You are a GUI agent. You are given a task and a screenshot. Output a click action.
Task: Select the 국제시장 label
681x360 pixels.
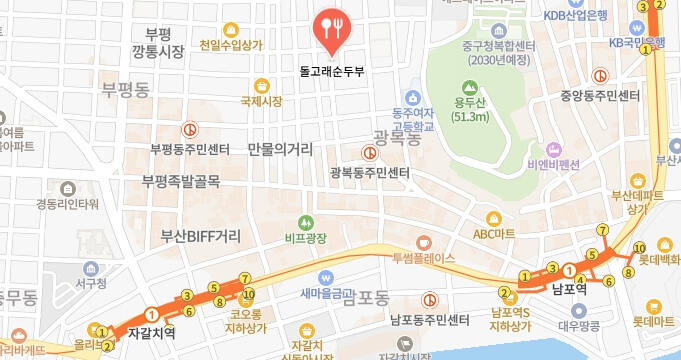(262, 102)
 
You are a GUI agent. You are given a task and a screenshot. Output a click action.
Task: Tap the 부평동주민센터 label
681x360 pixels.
(190, 149)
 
